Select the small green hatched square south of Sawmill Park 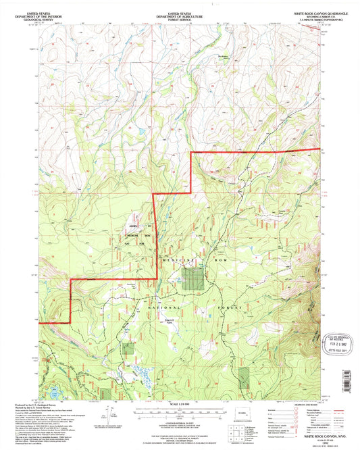pos(128,348)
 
